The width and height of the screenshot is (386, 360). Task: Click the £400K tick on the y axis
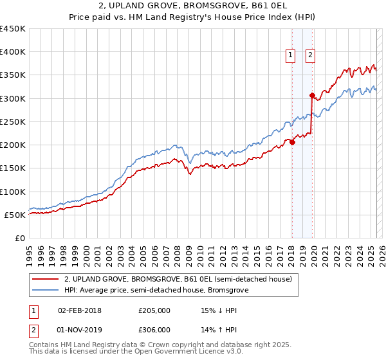[13, 52]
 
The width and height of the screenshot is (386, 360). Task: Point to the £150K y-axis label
[13, 168]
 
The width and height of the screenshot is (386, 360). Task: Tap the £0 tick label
[20, 238]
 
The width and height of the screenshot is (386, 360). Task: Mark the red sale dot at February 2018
[292, 143]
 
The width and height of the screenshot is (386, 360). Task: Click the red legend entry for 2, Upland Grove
[178, 279]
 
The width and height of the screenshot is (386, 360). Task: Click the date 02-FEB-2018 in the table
[79, 310]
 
